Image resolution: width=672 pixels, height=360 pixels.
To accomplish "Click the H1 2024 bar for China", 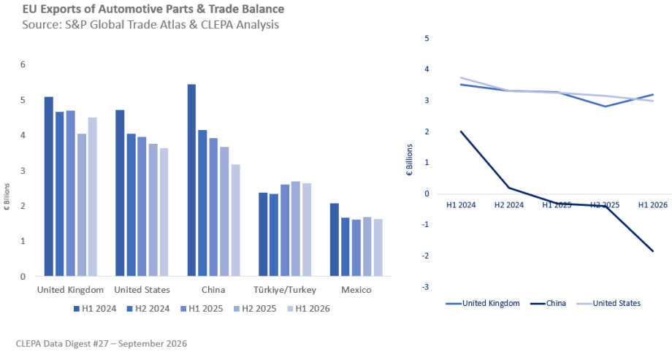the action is (x=191, y=180).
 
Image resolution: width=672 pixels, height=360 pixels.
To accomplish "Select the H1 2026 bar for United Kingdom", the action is (x=92, y=196).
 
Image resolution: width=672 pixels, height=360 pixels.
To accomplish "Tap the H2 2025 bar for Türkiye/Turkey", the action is (x=296, y=229).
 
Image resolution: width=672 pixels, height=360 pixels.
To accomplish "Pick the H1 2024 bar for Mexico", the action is (x=335, y=240).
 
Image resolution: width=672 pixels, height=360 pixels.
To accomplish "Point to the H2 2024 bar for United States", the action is (x=131, y=205).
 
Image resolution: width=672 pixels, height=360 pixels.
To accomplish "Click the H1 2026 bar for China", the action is (x=235, y=221).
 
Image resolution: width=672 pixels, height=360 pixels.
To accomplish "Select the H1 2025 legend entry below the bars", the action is (x=202, y=309).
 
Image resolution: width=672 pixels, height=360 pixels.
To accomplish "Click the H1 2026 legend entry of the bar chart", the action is (x=308, y=309).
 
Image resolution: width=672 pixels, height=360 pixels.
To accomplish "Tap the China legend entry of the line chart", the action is (x=548, y=303).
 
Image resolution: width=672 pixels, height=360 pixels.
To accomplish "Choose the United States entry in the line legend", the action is (x=608, y=303).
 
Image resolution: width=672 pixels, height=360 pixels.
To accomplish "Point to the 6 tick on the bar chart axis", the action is (x=23, y=64).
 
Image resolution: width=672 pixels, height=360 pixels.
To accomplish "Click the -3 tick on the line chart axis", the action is (x=425, y=287).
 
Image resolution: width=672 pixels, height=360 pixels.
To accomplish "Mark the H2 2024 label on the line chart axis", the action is (x=508, y=205).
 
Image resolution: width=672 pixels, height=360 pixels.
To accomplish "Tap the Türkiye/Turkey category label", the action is (x=285, y=290).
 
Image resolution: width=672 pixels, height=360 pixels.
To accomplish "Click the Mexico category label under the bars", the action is (x=356, y=290).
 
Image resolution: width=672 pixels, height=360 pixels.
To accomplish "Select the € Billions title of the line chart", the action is (x=409, y=160).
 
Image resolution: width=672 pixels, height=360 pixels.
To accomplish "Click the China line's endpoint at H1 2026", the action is (x=653, y=251).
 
